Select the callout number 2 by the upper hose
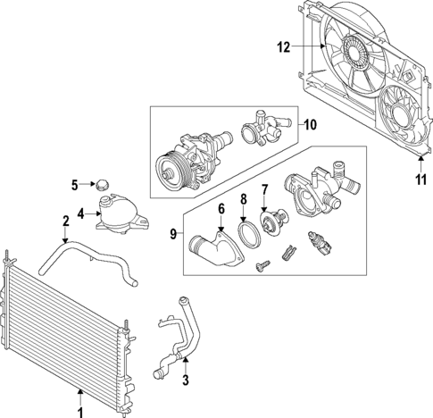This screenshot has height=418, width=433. point(65,221)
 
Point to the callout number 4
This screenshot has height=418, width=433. point(81,214)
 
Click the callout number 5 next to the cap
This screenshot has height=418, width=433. point(75,185)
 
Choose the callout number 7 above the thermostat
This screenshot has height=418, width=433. point(264,189)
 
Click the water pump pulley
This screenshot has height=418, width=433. point(167,168)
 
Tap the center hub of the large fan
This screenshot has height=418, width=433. point(356,55)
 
